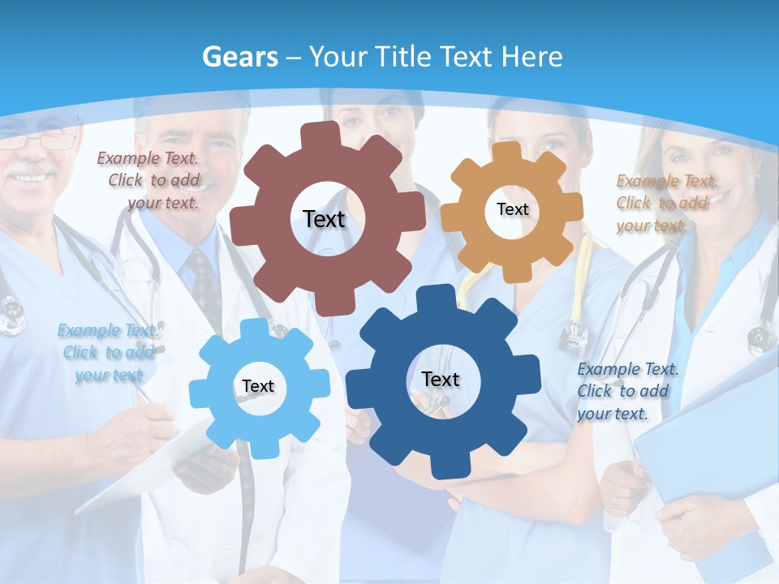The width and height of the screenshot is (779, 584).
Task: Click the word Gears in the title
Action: tap(239, 58)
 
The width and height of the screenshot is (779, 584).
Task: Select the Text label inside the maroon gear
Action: tap(324, 219)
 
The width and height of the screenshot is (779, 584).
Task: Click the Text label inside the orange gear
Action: tap(512, 209)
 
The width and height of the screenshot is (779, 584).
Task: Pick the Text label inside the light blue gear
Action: tap(258, 386)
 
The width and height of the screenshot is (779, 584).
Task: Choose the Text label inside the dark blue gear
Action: tap(441, 379)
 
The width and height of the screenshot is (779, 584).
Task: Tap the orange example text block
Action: tap(666, 203)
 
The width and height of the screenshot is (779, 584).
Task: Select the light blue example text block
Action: tap(108, 352)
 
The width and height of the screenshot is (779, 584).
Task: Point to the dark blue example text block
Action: tap(626, 391)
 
